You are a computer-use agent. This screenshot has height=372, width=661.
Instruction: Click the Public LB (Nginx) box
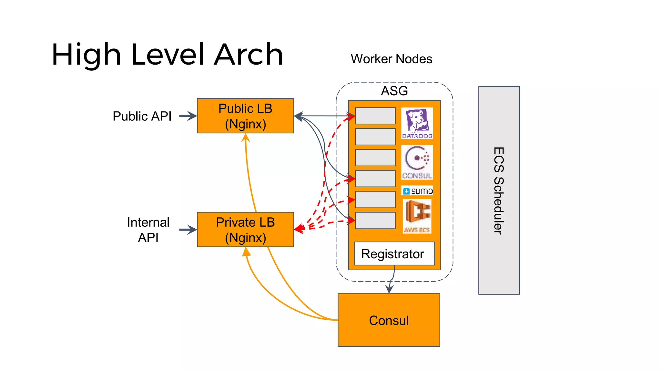(x=245, y=116)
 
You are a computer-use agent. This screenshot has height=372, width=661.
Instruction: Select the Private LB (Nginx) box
(x=245, y=230)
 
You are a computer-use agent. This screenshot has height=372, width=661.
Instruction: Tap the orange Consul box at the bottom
(x=389, y=320)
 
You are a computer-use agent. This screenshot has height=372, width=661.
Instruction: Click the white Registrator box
(x=394, y=254)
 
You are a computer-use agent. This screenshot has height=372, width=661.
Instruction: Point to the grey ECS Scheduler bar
(x=499, y=190)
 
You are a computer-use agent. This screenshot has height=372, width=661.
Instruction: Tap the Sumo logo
(x=417, y=191)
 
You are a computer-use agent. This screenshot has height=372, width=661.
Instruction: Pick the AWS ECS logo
(x=417, y=216)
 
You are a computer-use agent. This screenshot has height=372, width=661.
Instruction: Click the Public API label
(x=142, y=116)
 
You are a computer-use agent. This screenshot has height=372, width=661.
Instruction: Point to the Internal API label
(x=148, y=230)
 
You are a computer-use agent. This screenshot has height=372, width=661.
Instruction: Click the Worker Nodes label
(x=391, y=59)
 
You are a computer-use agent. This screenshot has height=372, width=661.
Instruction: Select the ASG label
(x=394, y=91)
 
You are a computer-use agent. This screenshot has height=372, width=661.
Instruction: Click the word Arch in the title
(x=249, y=55)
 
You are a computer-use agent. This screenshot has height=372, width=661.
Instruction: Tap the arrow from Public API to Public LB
(x=188, y=116)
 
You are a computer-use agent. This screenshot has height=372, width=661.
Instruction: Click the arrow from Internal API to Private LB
(x=188, y=230)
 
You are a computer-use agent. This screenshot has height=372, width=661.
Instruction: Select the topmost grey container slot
(x=375, y=116)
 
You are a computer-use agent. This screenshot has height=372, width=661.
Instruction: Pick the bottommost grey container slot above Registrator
(x=375, y=221)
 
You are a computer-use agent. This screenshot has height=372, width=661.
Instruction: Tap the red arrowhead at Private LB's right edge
(x=299, y=229)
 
